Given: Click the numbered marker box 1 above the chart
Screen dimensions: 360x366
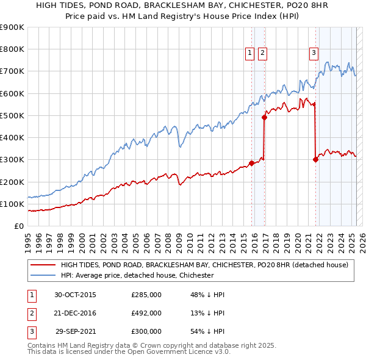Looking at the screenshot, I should click(x=250, y=54).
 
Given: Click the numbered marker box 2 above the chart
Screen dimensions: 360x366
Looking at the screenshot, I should click(x=262, y=54).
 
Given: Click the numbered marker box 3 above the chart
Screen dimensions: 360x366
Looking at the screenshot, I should click(x=314, y=54).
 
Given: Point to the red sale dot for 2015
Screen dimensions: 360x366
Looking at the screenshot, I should click(x=251, y=163).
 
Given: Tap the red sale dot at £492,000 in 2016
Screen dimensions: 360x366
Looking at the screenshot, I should click(x=264, y=117).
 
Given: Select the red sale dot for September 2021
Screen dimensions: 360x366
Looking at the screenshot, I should click(x=315, y=160).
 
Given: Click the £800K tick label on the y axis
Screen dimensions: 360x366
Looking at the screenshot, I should click(x=12, y=49).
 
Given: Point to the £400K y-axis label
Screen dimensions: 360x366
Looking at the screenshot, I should click(x=12, y=138).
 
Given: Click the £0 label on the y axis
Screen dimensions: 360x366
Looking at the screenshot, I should click(x=18, y=226).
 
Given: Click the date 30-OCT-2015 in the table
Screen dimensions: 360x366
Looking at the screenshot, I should click(x=76, y=295).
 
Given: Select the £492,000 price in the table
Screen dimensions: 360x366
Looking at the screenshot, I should click(x=146, y=313).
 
